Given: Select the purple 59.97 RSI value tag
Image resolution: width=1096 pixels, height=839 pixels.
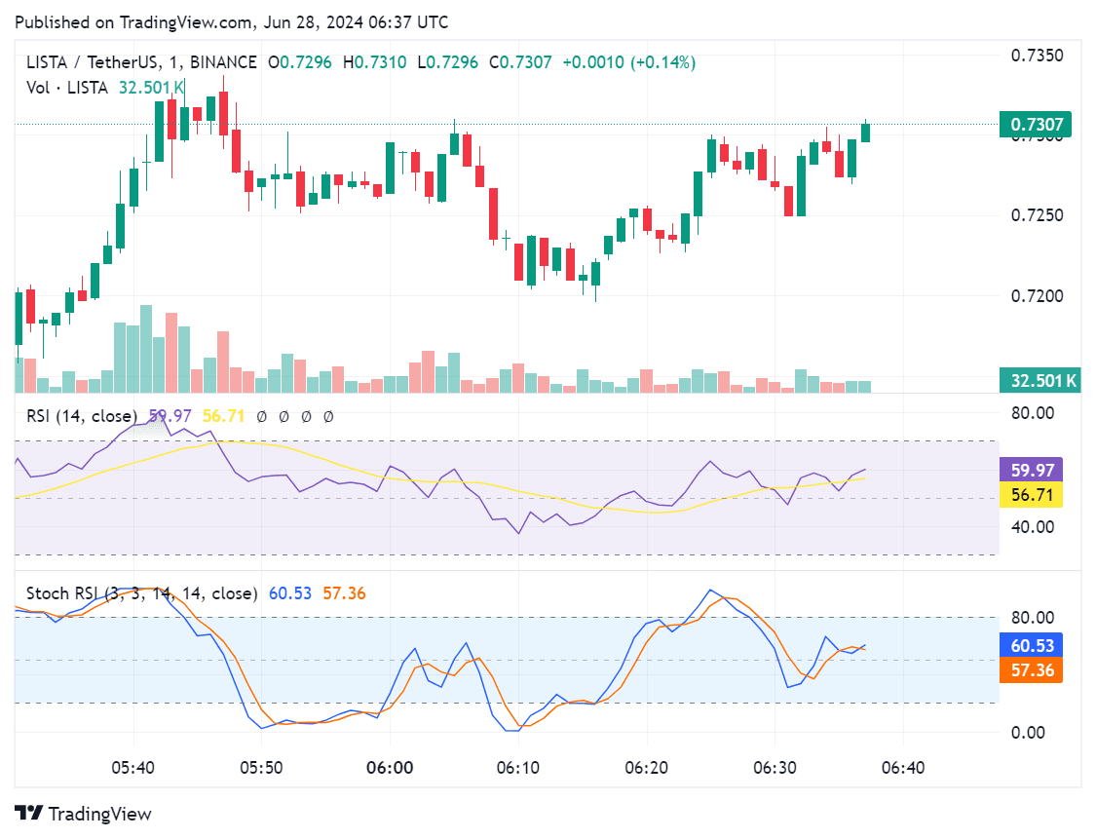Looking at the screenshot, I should pyautogui.click(x=1031, y=471).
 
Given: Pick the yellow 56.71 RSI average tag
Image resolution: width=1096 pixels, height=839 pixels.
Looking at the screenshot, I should pyautogui.click(x=1031, y=495).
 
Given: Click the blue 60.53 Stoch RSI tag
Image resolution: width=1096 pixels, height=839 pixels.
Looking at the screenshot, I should pyautogui.click(x=1031, y=645).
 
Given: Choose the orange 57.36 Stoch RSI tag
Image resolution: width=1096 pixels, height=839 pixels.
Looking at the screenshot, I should pyautogui.click(x=1031, y=669).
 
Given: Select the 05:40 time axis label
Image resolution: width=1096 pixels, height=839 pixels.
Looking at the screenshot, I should pyautogui.click(x=133, y=768).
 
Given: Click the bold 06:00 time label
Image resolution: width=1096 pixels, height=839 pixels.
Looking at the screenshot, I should pyautogui.click(x=390, y=768).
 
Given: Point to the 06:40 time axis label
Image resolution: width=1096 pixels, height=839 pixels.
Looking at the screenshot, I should pyautogui.click(x=902, y=768).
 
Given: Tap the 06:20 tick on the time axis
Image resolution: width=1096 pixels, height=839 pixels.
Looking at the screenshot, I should pyautogui.click(x=646, y=768).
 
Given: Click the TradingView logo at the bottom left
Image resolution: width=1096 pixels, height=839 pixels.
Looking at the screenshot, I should pyautogui.click(x=84, y=814).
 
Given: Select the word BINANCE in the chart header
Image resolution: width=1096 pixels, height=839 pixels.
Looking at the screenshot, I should pyautogui.click(x=223, y=62).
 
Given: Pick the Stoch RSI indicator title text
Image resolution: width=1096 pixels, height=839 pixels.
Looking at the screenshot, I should pyautogui.click(x=141, y=592).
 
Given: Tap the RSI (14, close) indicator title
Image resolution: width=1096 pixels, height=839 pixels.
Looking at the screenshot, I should pyautogui.click(x=82, y=416).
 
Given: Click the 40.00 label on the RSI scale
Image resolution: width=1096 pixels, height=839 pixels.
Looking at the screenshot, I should pyautogui.click(x=1031, y=527).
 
